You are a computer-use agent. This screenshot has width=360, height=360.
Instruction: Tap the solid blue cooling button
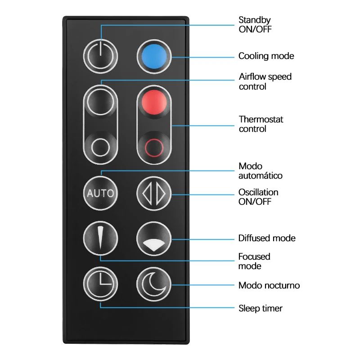click(154, 57)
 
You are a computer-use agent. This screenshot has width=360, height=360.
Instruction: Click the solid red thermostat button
click(154, 102)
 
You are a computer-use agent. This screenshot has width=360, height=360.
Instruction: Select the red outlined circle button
click(154, 147)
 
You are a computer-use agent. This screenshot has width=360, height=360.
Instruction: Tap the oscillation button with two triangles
click(154, 193)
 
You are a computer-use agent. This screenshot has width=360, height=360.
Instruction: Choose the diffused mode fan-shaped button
click(154, 238)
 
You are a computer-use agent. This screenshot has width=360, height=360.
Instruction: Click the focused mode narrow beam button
click(100, 238)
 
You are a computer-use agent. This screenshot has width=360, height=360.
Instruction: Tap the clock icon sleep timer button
click(100, 285)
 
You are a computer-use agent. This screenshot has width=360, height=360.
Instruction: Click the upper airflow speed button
click(100, 102)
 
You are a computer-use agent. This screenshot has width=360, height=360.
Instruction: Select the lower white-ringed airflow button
click(100, 147)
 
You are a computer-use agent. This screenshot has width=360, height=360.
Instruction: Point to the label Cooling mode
click(266, 56)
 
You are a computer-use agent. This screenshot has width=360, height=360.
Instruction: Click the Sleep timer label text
click(260, 308)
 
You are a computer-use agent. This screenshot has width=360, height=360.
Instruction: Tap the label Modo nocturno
click(269, 285)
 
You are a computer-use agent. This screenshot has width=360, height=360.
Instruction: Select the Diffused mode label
click(267, 238)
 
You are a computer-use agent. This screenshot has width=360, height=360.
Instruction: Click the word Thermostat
click(261, 120)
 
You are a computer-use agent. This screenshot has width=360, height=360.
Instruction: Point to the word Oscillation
click(258, 192)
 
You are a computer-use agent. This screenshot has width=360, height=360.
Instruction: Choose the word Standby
click(254, 20)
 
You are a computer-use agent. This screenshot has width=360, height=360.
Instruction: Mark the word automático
click(261, 175)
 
